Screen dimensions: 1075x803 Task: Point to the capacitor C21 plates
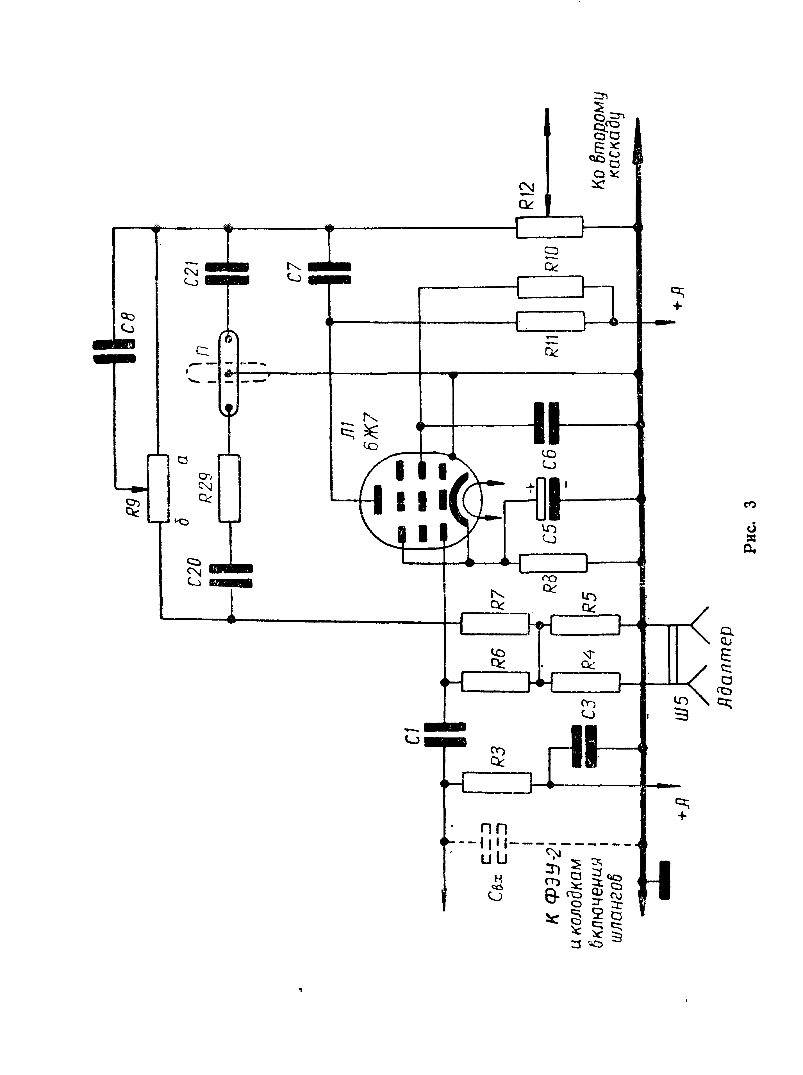pyautogui.click(x=227, y=274)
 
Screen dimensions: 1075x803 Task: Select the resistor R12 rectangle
pyautogui.click(x=549, y=227)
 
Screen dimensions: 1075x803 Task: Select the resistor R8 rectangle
pyautogui.click(x=553, y=563)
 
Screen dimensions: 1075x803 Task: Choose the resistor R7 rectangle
pyautogui.click(x=495, y=624)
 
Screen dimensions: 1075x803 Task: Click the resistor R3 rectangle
pyautogui.click(x=497, y=783)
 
